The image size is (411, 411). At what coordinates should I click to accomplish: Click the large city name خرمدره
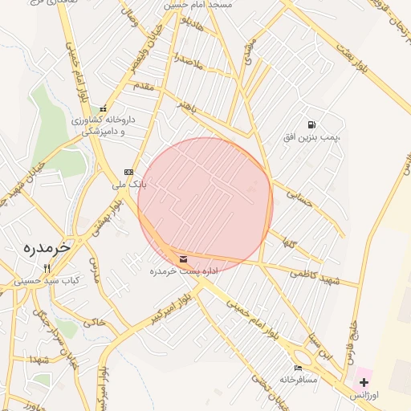[43, 247]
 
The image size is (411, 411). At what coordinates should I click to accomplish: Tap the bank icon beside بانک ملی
[128, 173]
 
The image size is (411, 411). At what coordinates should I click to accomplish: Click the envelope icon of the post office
[184, 259]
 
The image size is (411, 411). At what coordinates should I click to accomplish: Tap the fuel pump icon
[311, 125]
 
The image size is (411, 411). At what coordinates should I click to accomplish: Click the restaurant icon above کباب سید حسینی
[47, 268]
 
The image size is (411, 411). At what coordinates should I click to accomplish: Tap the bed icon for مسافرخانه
[299, 367]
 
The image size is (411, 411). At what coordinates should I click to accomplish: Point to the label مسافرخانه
[299, 378]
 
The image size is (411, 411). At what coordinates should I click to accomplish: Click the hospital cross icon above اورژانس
[364, 382]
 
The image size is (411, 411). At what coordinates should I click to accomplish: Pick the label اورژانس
[366, 395]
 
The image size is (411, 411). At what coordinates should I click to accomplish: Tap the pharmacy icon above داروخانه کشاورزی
[102, 109]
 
